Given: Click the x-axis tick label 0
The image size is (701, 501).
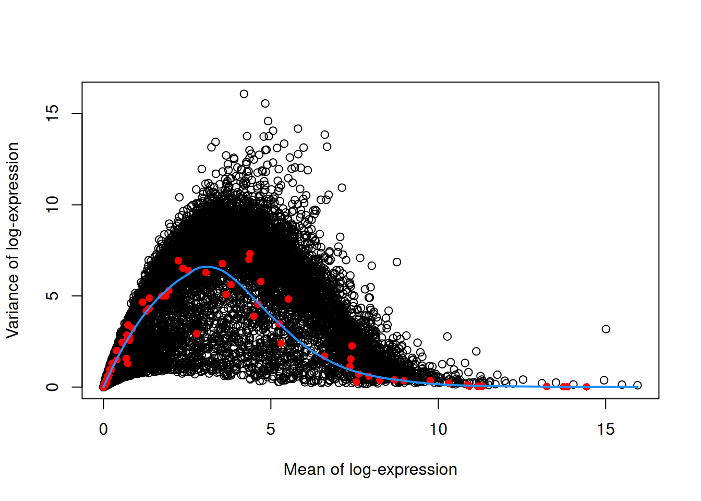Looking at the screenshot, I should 103,430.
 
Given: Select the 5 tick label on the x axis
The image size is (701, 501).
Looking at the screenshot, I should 271,430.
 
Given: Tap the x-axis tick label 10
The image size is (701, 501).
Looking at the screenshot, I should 438,430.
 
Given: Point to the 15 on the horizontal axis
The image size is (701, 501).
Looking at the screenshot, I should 606,430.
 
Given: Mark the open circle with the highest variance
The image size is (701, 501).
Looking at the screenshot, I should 244,94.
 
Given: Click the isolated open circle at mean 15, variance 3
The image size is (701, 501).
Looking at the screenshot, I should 606,329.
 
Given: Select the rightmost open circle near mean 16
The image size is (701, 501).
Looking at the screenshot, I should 637,385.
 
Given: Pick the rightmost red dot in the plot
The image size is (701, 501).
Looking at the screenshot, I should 586,387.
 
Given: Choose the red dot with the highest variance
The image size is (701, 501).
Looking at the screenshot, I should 250,254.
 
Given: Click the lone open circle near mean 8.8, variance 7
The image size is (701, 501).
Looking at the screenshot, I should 397,262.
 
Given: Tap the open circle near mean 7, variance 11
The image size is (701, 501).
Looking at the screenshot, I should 342,188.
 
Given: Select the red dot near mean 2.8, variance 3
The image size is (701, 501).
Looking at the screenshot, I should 196,333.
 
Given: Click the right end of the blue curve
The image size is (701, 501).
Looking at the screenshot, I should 637,387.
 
